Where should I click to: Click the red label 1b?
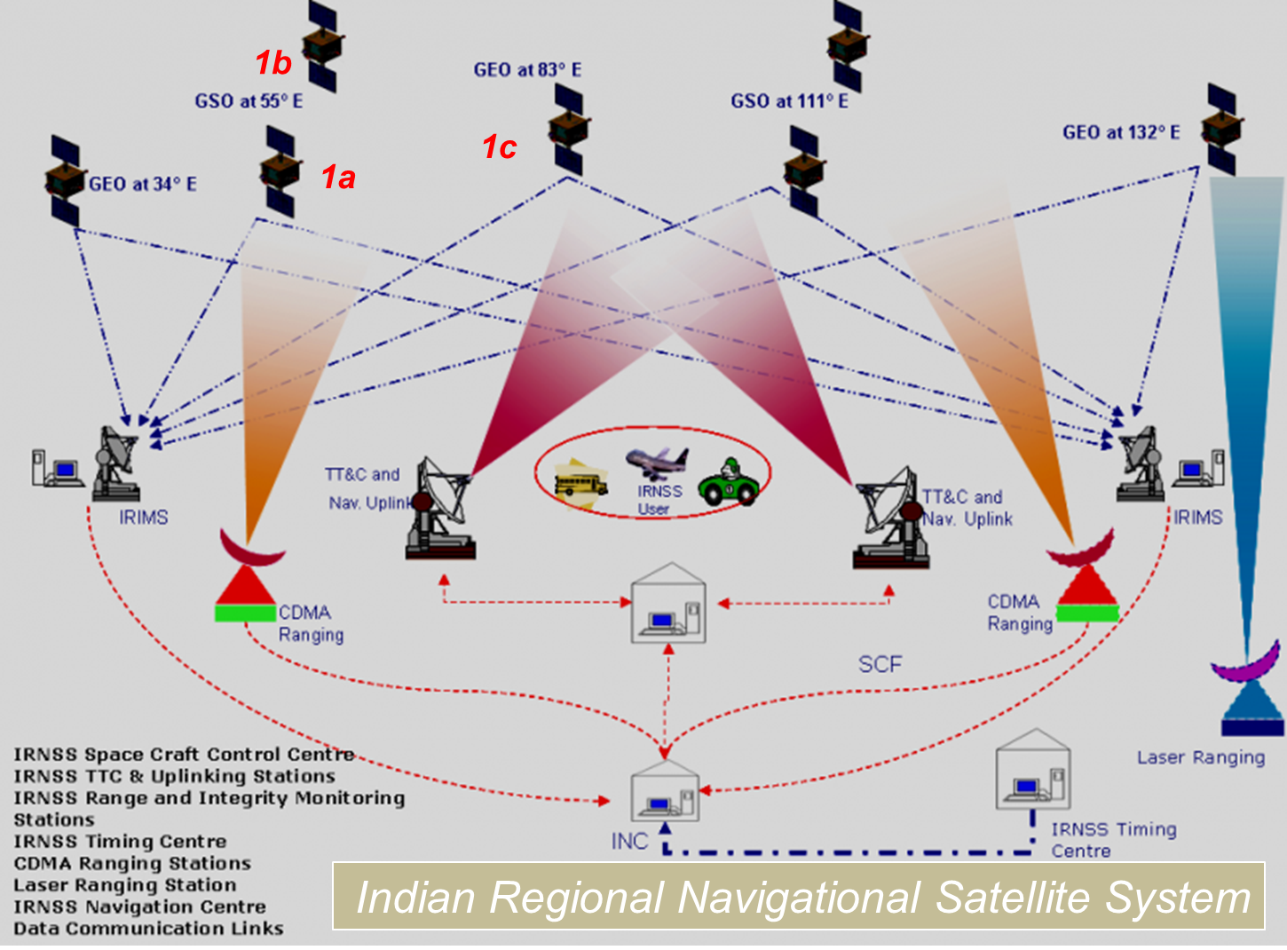click(x=272, y=63)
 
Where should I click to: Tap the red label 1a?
click(x=338, y=178)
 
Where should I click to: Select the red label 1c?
click(x=499, y=147)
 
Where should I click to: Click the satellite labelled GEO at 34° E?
click(x=64, y=181)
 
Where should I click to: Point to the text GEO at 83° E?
click(x=527, y=70)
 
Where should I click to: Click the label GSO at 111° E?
click(x=789, y=101)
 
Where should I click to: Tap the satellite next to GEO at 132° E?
click(x=1221, y=130)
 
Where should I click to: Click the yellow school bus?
click(x=580, y=482)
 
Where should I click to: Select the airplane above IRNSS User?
click(x=657, y=463)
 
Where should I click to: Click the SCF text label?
click(x=880, y=664)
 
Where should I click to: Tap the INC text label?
click(x=629, y=841)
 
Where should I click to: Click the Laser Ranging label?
click(x=1201, y=757)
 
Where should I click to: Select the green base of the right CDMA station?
click(x=1086, y=613)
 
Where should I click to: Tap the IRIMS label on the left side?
click(x=143, y=517)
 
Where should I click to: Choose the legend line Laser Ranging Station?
click(x=125, y=885)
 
